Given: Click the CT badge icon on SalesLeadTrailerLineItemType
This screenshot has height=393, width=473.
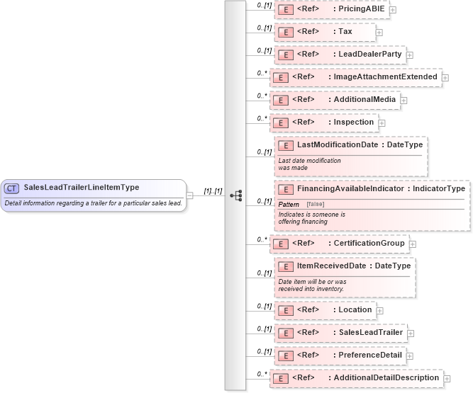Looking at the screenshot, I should point(12,188).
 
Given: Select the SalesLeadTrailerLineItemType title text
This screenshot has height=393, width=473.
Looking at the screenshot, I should point(82,188).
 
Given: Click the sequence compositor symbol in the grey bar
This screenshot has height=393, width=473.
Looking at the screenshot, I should point(236,195).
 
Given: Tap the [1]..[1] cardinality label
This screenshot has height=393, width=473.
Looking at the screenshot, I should point(213,190).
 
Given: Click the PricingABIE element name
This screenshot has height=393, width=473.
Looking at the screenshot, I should point(361,8).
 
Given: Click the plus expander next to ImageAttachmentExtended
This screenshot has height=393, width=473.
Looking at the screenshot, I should point(446,77).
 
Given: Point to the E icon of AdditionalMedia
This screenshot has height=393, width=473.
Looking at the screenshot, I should point(280,100).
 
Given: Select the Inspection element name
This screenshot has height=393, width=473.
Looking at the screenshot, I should point(354,123).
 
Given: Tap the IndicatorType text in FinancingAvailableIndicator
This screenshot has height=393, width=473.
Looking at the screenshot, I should point(439,188).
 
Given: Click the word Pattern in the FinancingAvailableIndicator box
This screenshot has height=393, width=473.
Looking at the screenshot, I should point(288,204).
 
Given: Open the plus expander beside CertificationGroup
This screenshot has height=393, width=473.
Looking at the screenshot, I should point(413,244).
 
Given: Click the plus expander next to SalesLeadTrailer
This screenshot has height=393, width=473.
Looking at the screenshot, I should point(411,333).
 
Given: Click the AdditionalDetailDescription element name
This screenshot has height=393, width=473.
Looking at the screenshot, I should point(386,377).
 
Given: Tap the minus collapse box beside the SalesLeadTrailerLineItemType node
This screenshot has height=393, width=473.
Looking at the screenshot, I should point(190,195).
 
